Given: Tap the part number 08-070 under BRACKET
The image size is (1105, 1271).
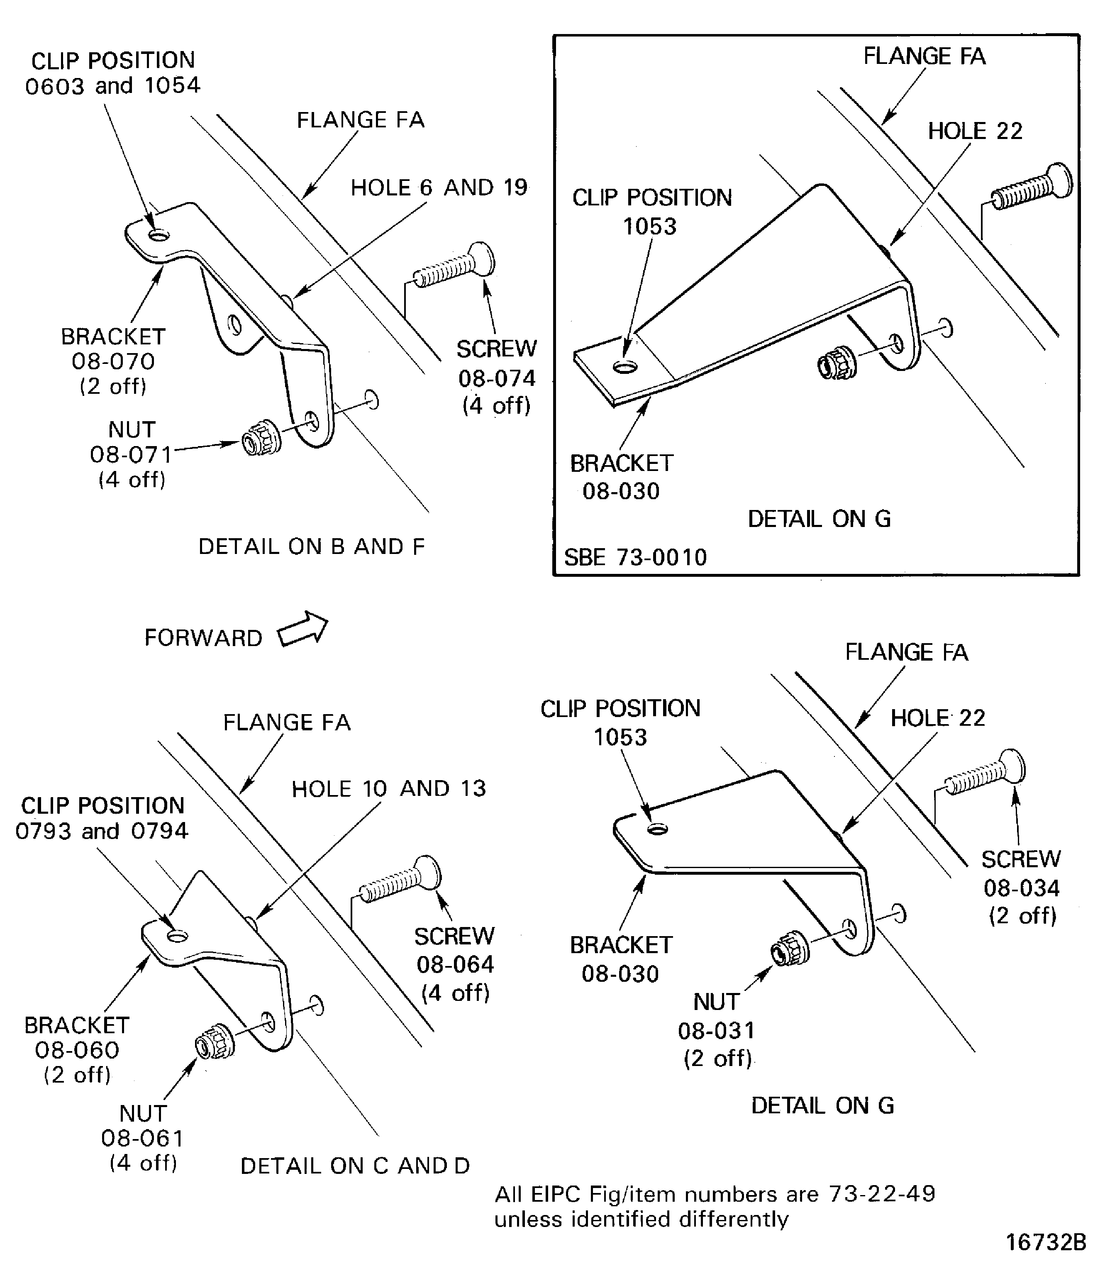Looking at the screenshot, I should pos(113,361).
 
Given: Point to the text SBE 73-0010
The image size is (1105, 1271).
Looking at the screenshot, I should pos(635,557).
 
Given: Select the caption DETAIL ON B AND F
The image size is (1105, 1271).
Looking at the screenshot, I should pos(311,546).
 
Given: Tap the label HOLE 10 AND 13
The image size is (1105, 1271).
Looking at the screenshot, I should pos(388,789).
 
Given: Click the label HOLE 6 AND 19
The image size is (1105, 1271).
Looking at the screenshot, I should pos(439,188).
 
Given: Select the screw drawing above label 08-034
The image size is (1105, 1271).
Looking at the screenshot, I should pos(985,772).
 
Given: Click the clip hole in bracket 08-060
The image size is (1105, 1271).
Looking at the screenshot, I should pos(178,937).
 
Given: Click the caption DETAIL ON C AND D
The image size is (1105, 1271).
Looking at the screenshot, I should pos(354,1166).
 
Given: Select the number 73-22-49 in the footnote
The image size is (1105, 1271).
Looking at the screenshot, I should pos(882,1194).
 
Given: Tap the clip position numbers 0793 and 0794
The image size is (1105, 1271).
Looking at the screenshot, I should pos(102,831).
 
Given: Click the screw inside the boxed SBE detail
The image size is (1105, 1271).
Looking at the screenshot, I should pos(1032,186).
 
